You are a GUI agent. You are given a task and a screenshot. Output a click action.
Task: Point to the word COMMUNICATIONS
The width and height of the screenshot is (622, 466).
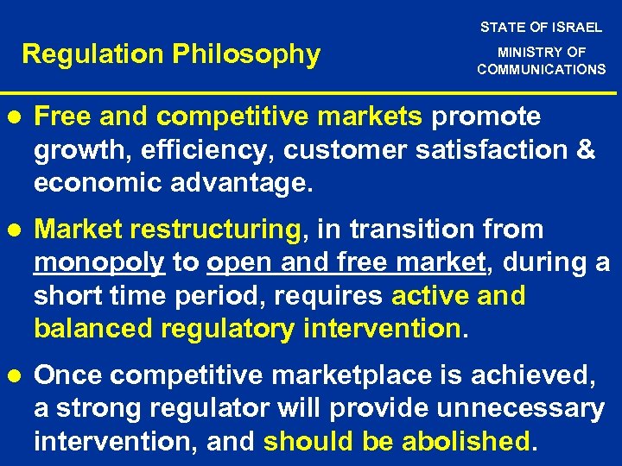pos(542,70)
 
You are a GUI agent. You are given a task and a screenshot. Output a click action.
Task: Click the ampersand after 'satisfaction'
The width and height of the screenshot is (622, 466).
pos(585,150)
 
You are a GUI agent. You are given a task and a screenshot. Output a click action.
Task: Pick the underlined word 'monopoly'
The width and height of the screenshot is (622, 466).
pos(99,263)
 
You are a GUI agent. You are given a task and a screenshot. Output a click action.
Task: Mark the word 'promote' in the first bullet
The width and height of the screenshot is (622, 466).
pos(486,116)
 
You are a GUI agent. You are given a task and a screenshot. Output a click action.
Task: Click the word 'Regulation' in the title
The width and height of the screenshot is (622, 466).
pos(93,55)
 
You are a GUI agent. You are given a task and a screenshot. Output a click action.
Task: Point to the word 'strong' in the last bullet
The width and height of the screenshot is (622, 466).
pos(99,409)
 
